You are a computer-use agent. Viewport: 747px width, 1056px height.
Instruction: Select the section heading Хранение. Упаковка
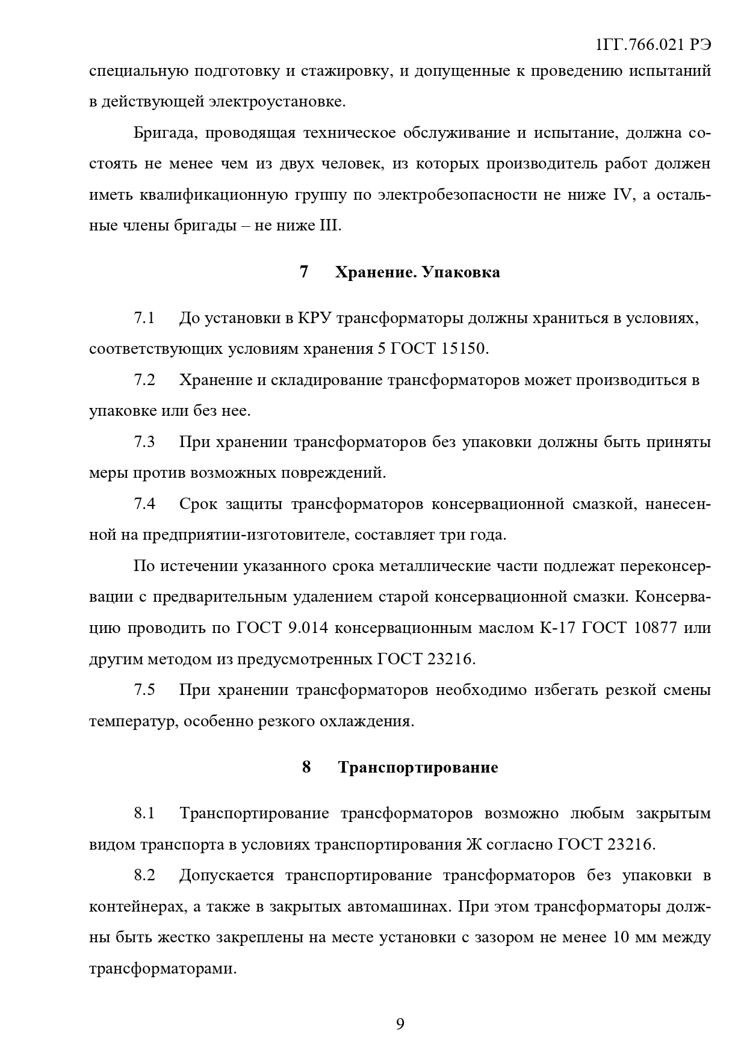(417, 273)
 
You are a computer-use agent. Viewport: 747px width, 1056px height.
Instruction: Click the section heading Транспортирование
(418, 768)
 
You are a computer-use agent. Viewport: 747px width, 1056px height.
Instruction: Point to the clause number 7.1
(144, 318)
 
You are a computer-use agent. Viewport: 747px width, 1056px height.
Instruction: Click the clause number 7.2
(144, 380)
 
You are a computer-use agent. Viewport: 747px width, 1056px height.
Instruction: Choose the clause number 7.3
(144, 442)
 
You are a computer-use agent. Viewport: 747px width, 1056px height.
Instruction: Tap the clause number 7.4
(144, 504)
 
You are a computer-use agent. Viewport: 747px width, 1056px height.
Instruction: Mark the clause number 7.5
(144, 690)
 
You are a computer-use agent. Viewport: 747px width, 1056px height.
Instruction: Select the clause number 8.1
(144, 814)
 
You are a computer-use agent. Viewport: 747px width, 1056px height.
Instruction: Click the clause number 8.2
(144, 875)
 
